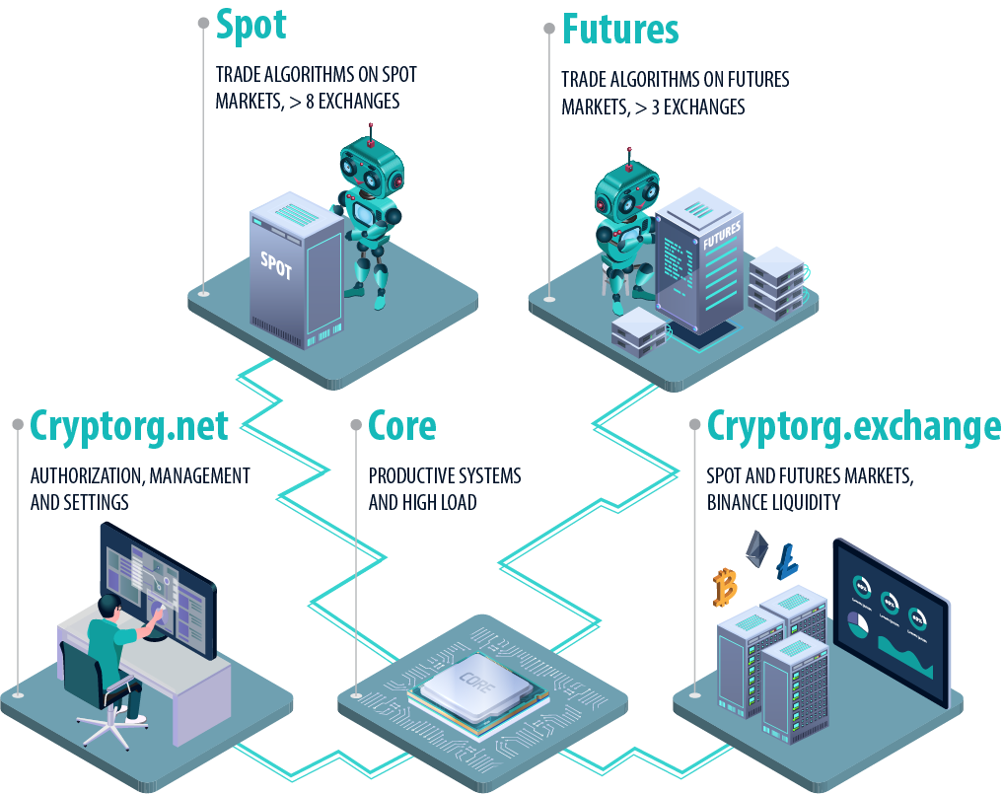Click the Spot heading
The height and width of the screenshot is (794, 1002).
tap(251, 26)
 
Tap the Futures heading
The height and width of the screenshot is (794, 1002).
tap(620, 30)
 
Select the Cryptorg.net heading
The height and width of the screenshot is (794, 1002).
tap(129, 426)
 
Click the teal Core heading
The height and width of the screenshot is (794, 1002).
tap(402, 426)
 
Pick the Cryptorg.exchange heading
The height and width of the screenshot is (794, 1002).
tap(854, 426)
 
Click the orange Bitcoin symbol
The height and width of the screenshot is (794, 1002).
tap(725, 586)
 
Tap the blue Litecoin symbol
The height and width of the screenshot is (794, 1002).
tap(787, 561)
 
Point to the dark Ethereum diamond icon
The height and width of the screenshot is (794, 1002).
tap(756, 548)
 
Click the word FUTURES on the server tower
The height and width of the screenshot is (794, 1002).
tap(722, 236)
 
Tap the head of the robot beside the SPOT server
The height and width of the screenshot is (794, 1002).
tap(372, 168)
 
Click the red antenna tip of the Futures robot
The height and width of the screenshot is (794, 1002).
tap(629, 168)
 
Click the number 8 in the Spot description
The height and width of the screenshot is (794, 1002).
tap(310, 101)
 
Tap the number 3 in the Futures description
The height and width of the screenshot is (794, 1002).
tap(655, 107)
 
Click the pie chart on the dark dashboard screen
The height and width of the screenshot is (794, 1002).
tap(858, 623)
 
